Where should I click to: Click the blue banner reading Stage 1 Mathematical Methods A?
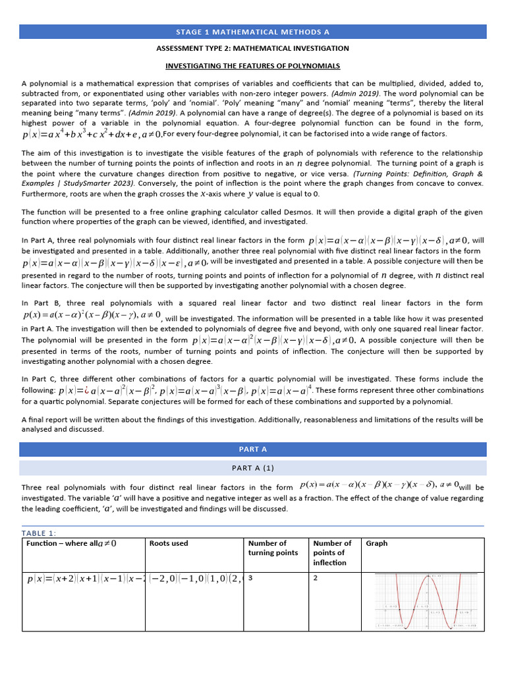click(252, 32)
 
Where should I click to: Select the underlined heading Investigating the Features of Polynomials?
click(252, 66)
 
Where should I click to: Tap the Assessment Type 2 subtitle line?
click(252, 49)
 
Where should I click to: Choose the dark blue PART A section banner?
click(252, 449)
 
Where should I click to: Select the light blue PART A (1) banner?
click(252, 467)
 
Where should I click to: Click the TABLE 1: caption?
click(39, 533)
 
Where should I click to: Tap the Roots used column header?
click(169, 543)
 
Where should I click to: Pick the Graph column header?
click(376, 543)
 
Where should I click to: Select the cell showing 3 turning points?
click(251, 577)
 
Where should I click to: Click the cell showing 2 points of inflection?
click(316, 577)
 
